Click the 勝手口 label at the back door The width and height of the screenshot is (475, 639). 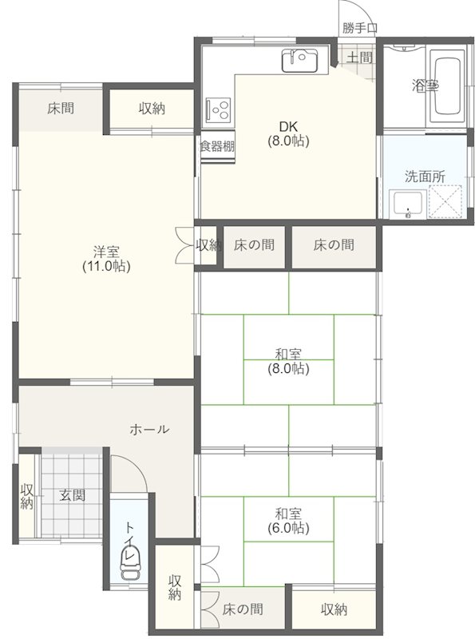click(360, 28)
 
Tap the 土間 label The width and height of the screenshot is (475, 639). click(360, 57)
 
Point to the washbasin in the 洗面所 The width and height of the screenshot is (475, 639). click(409, 204)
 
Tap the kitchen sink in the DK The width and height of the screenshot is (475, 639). click(299, 60)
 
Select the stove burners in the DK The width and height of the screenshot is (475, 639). click(217, 107)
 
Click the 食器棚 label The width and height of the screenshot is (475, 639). click(217, 146)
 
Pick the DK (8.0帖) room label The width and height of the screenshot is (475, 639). click(288, 133)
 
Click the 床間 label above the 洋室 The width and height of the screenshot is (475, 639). click(61, 108)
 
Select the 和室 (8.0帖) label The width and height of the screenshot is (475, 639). click(288, 361)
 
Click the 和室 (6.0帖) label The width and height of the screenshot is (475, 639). click(288, 520)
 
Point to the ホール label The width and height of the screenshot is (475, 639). click(149, 429)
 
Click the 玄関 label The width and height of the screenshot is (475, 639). click(72, 495)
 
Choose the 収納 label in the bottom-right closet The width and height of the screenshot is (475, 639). click(334, 609)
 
